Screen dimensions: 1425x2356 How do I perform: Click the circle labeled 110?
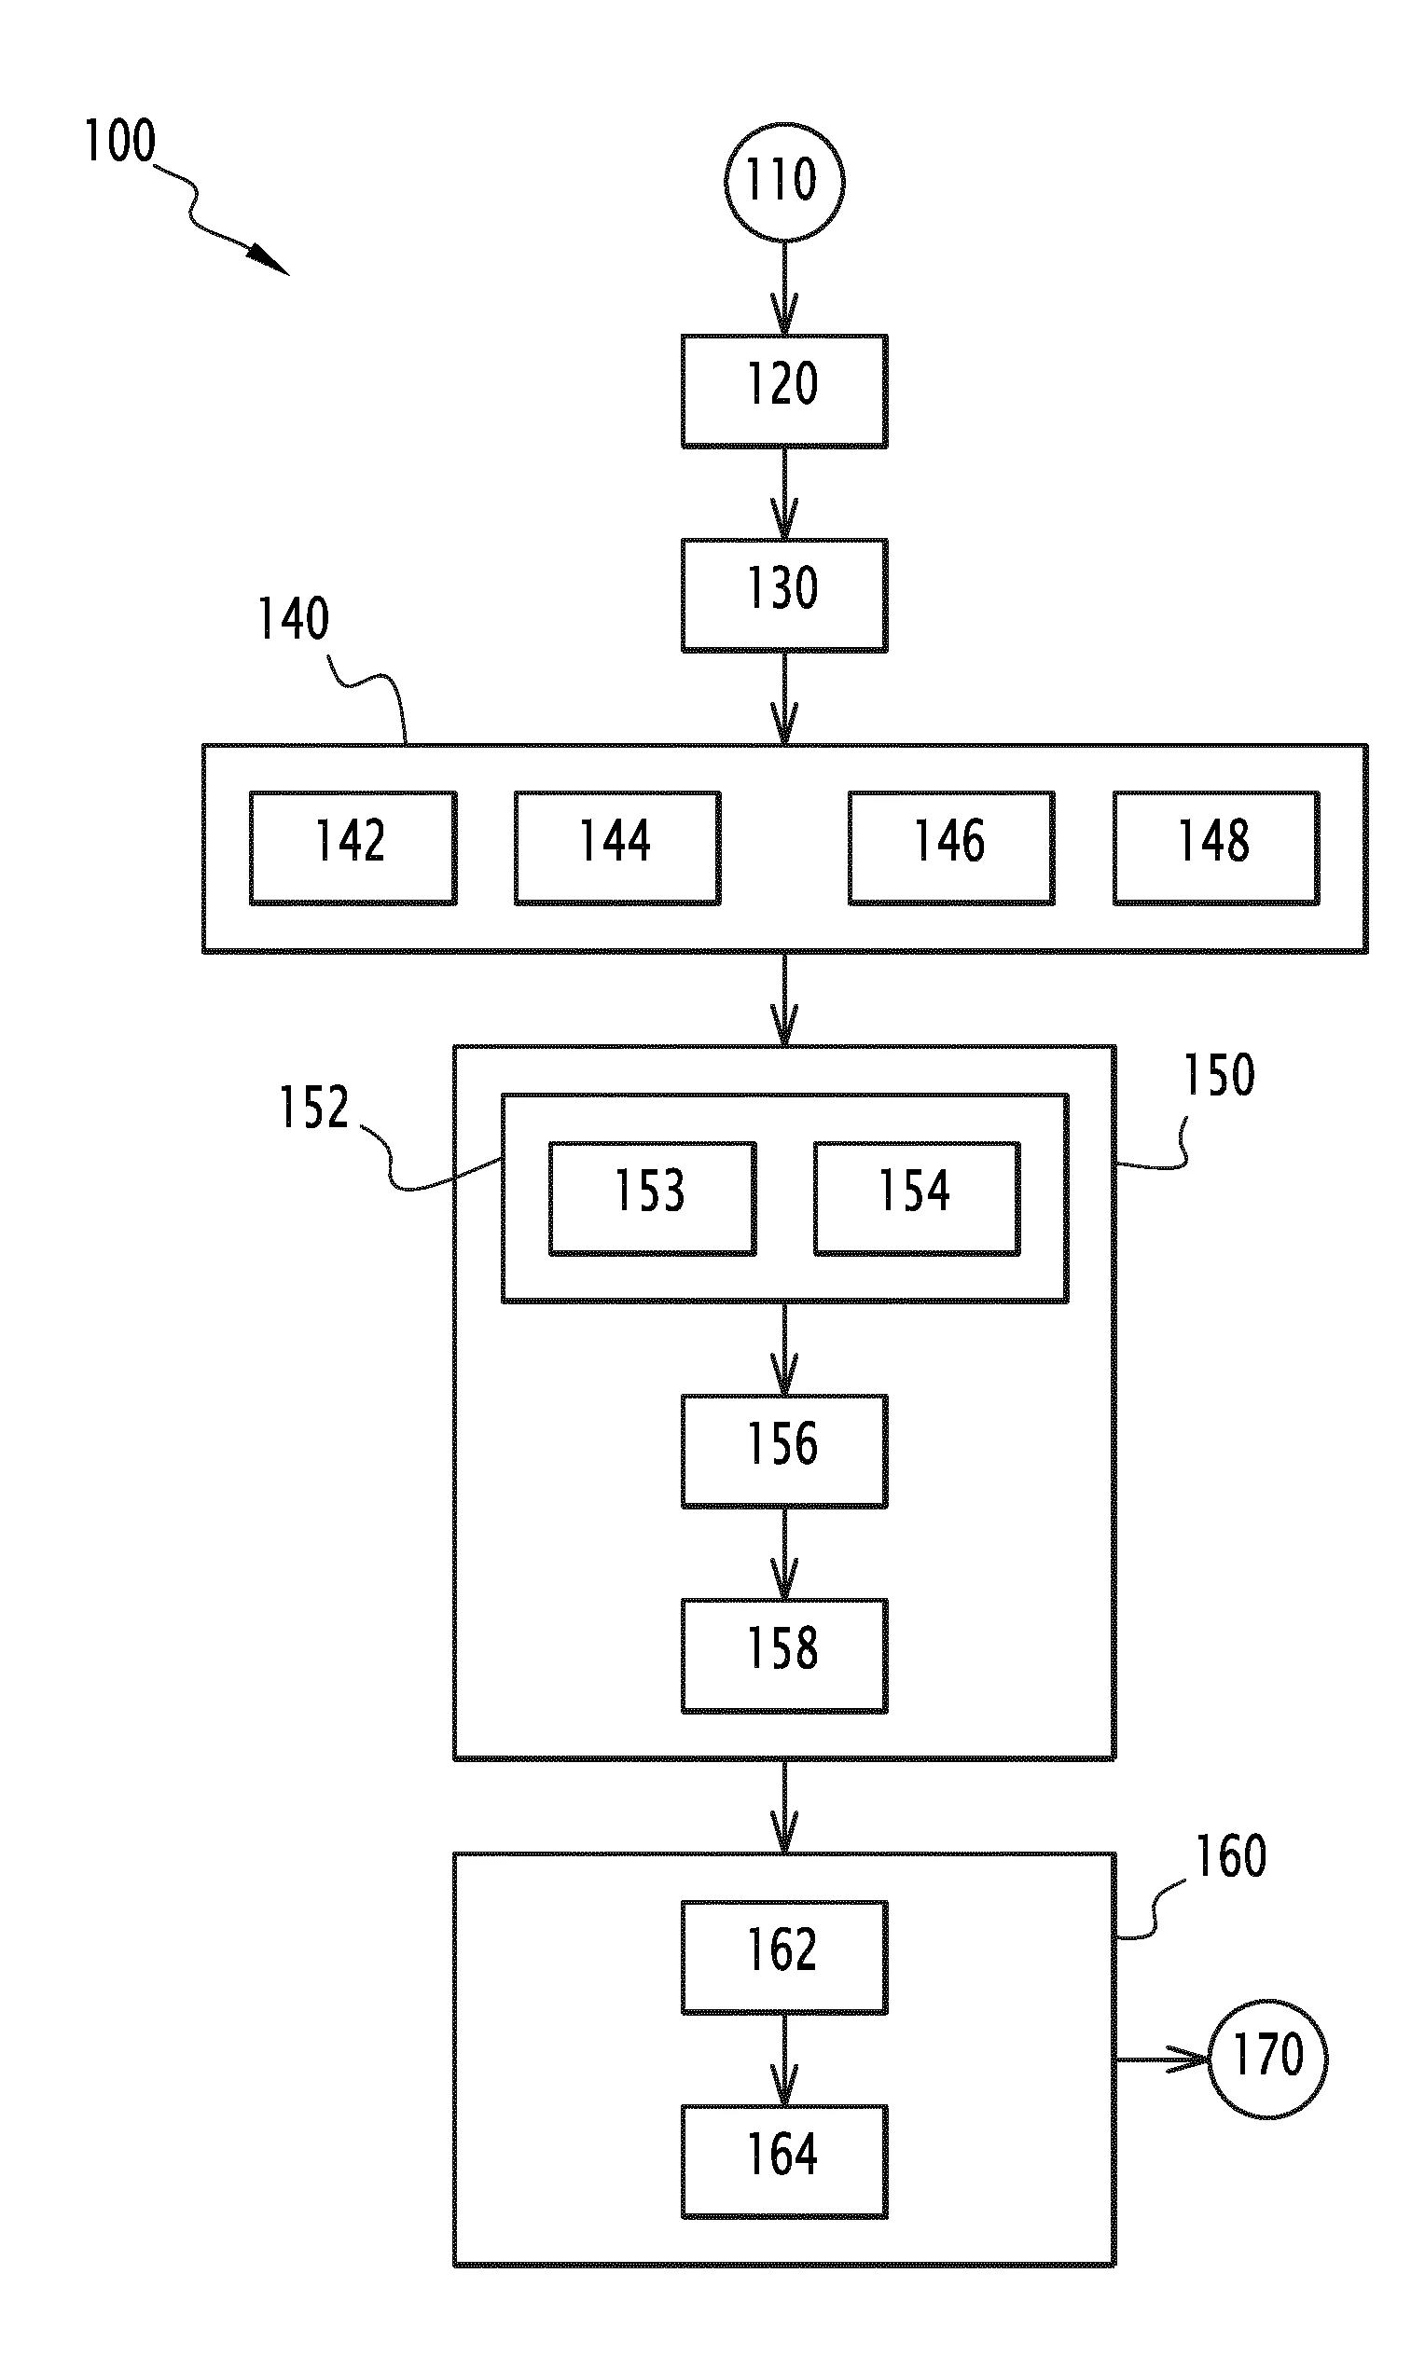click(x=784, y=182)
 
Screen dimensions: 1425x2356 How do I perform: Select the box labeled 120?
click(x=784, y=391)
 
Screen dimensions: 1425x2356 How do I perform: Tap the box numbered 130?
click(x=784, y=595)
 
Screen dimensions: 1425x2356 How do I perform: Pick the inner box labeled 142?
click(x=353, y=847)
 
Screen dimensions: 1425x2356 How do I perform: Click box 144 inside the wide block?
click(x=617, y=847)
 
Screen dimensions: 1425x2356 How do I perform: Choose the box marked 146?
click(x=951, y=847)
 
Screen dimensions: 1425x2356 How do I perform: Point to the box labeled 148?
click(x=1216, y=847)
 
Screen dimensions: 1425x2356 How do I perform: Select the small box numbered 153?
click(x=652, y=1198)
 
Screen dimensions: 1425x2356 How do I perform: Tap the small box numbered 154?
click(x=917, y=1198)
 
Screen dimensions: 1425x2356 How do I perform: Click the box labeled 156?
click(x=784, y=1451)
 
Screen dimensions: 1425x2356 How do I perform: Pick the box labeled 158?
click(x=784, y=1655)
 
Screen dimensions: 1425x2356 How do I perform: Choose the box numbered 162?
click(x=784, y=1957)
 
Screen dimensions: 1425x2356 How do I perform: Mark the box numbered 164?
click(x=784, y=2161)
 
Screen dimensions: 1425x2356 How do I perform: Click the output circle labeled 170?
click(x=1268, y=2059)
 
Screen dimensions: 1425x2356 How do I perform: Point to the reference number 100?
click(x=120, y=142)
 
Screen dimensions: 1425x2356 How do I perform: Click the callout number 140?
click(x=294, y=619)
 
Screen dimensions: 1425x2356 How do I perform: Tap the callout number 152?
click(x=313, y=1109)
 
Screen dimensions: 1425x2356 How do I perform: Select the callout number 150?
click(x=1220, y=1075)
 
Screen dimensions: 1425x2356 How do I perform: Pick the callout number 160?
click(x=1232, y=1857)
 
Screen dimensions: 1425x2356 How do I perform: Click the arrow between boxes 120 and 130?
click(x=784, y=493)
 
